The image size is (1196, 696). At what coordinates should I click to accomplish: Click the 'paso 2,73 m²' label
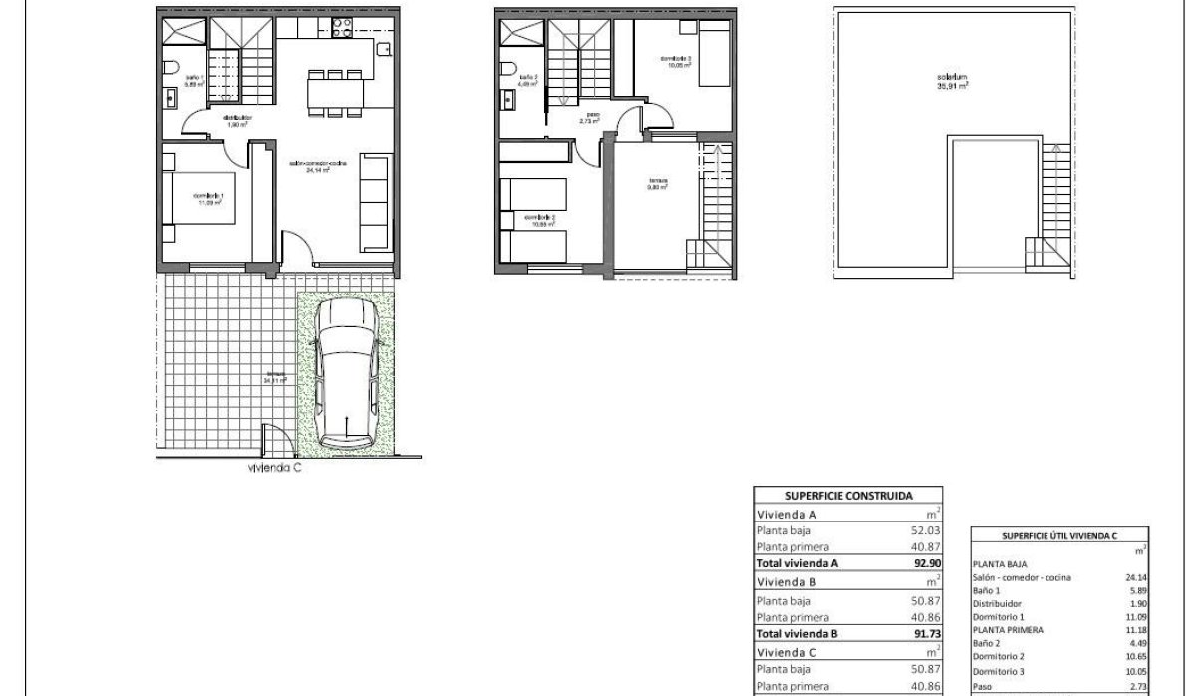(x=591, y=118)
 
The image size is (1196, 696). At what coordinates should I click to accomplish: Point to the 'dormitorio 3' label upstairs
(x=676, y=61)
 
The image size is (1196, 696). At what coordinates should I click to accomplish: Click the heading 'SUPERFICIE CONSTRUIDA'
(x=847, y=494)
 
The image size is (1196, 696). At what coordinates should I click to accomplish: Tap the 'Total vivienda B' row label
(x=798, y=632)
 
